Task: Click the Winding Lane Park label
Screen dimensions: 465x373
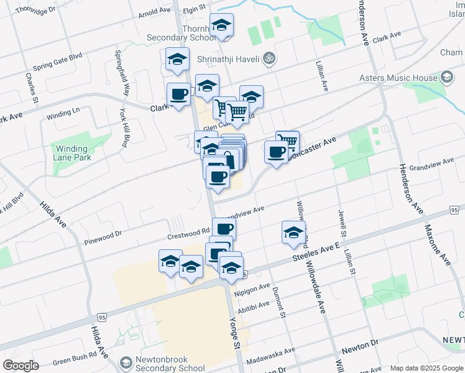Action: click(x=73, y=153)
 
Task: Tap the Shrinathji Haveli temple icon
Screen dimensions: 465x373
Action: click(x=269, y=58)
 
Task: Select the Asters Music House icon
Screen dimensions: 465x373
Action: click(x=446, y=77)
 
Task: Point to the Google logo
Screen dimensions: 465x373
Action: click(x=20, y=365)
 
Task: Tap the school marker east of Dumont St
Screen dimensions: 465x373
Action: click(x=293, y=233)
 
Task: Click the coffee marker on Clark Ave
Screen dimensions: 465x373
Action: click(x=179, y=94)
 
